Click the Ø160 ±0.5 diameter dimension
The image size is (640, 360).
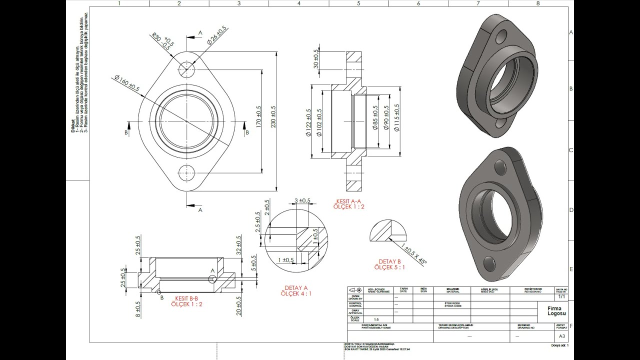[127, 83]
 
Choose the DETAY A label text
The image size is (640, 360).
[296, 288]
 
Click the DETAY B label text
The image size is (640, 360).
[389, 261]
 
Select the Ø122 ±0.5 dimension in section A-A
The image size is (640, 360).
[308, 122]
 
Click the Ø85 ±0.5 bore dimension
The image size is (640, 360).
[375, 118]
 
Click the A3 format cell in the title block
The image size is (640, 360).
[561, 336]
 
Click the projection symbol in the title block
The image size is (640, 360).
[355, 290]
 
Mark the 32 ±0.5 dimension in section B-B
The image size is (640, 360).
[239, 245]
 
